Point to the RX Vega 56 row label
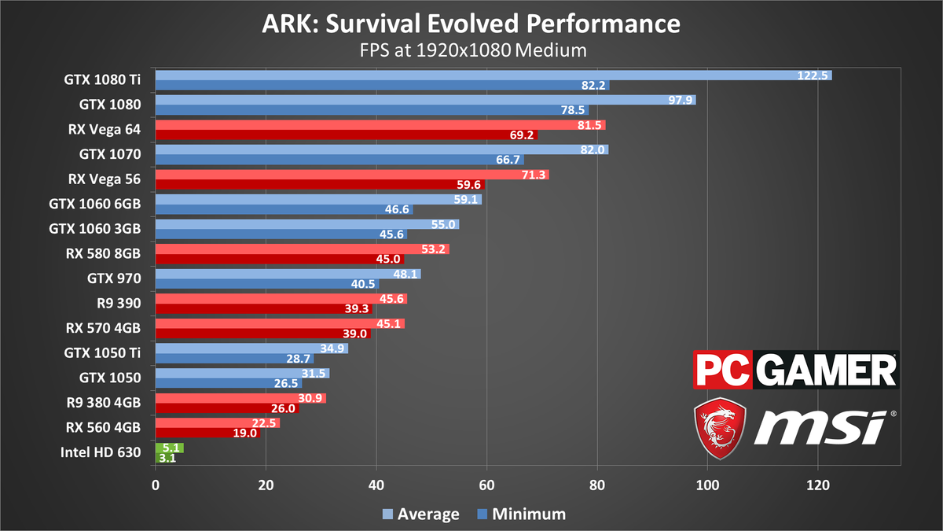coord(105,179)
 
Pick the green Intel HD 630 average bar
coord(169,448)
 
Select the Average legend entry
coord(420,514)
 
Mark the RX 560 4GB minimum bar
coord(207,433)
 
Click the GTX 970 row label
coord(114,278)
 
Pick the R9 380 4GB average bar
coord(240,398)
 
